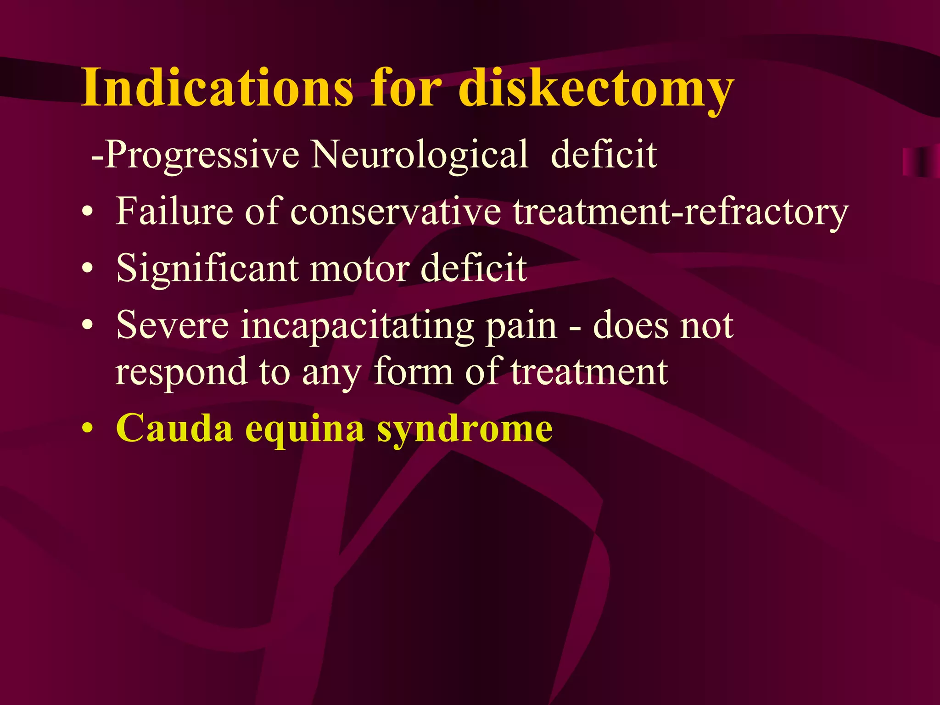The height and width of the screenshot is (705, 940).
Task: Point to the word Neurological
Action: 420,155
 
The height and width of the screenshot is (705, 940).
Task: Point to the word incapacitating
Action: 358,326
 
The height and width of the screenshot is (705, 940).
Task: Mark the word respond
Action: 181,372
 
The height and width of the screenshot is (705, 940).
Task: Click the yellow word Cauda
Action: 174,428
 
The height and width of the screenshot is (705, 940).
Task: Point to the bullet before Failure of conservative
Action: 87,212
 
